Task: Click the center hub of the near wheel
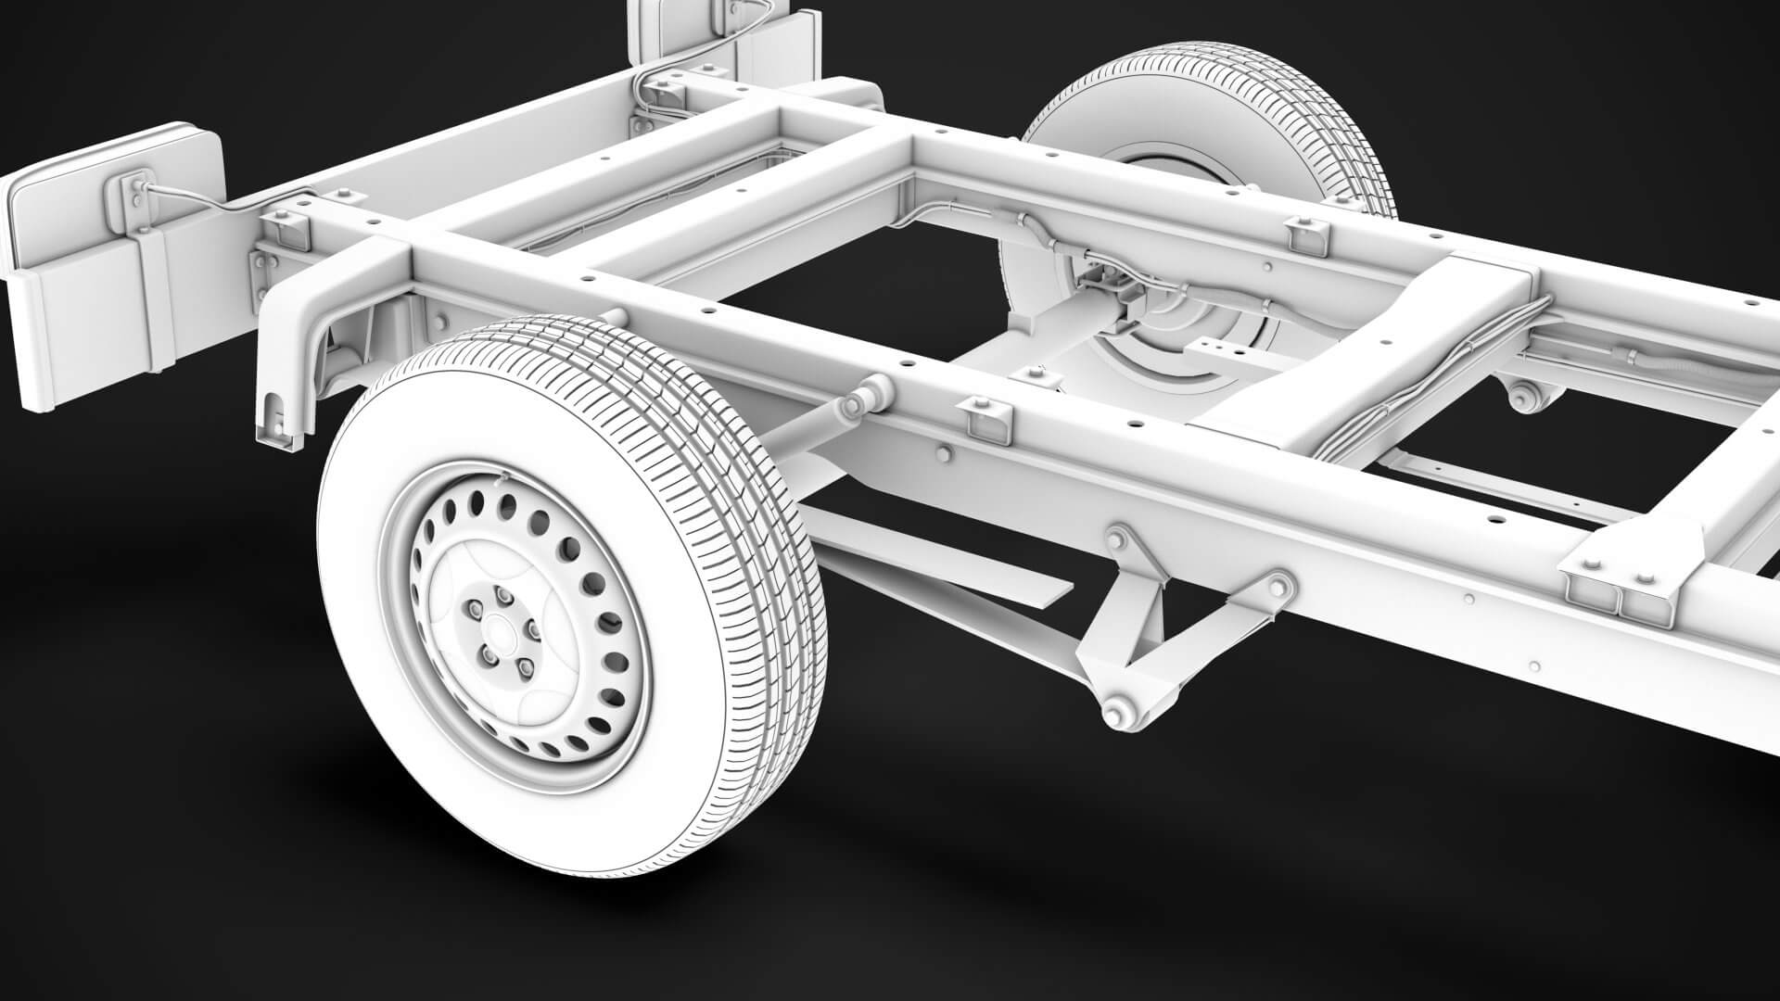click(x=502, y=632)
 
